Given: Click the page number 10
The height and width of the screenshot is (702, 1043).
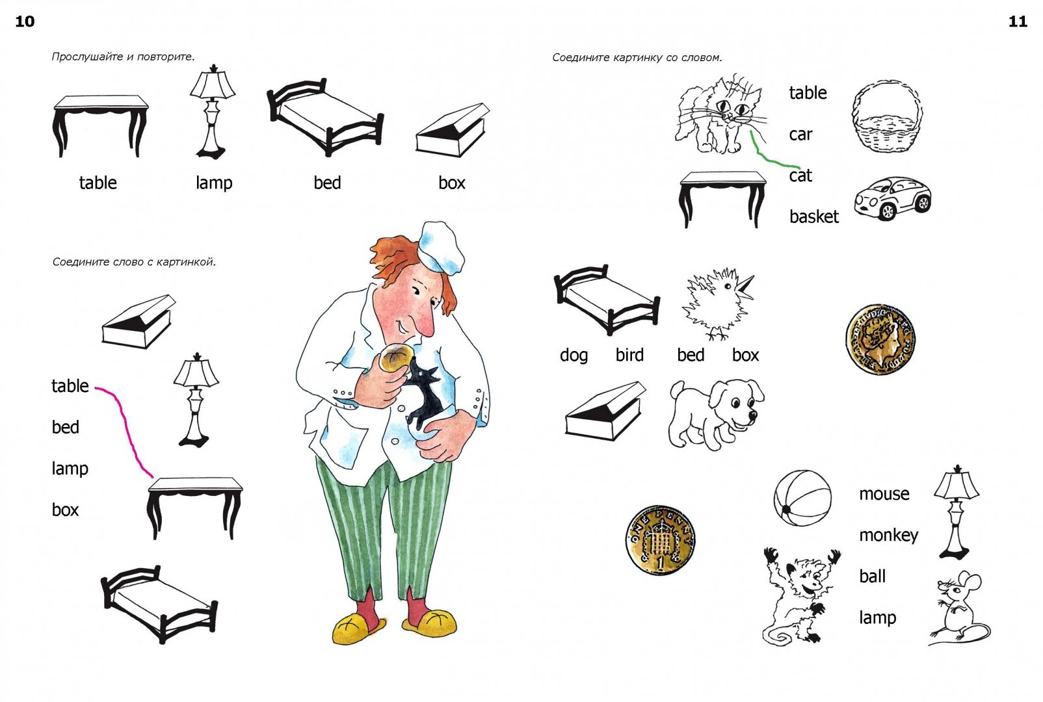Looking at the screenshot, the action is click(x=25, y=21).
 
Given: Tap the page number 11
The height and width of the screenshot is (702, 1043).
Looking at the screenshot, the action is click(x=1018, y=21).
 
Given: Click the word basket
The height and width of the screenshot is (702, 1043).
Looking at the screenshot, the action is click(x=814, y=216).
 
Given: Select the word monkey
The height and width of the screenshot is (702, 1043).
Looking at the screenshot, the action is click(x=888, y=536).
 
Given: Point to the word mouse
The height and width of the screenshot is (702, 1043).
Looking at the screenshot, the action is click(x=884, y=494).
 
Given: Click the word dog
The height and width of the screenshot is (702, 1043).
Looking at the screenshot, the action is click(x=574, y=356).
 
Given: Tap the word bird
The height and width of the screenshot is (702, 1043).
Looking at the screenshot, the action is click(x=629, y=355).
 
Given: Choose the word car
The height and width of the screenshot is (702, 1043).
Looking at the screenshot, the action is click(x=800, y=135).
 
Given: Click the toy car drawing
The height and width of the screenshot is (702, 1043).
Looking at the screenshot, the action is click(x=893, y=198).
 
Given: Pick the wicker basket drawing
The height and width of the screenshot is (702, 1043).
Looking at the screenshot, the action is click(x=887, y=116).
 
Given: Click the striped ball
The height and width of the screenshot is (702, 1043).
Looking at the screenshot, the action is click(x=802, y=498).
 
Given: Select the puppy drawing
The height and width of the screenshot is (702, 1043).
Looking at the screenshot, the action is click(x=716, y=414).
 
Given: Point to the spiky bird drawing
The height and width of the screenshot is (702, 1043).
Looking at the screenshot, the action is click(x=717, y=303).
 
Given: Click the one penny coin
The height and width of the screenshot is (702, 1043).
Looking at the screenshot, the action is click(x=660, y=539).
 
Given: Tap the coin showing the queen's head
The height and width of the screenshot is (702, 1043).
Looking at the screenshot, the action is click(x=880, y=339).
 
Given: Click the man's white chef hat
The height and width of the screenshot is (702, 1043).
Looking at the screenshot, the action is click(x=440, y=247).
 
